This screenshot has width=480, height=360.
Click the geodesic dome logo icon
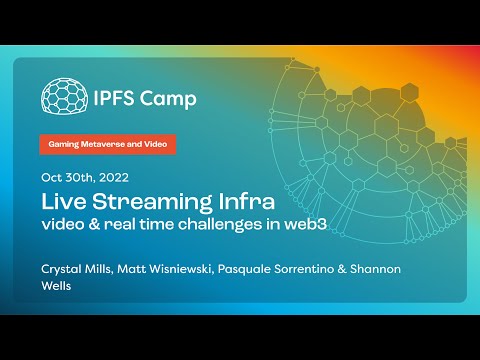(x=62, y=97)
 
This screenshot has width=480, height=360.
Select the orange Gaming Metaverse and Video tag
(x=108, y=144)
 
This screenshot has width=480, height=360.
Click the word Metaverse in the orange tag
(x=107, y=144)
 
